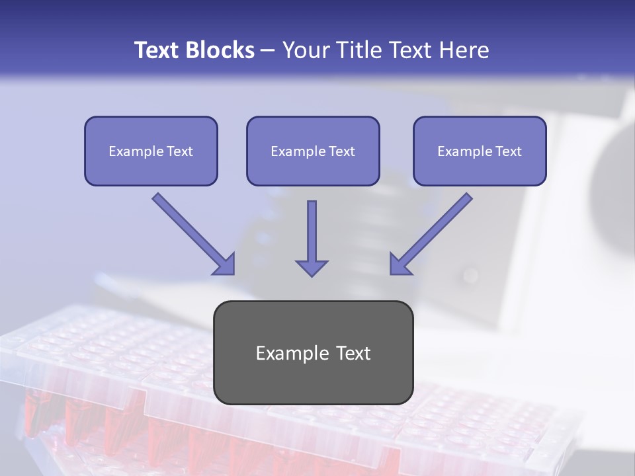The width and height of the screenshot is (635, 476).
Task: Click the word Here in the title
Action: coord(464,50)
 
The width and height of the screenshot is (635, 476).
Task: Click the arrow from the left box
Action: coord(192,231)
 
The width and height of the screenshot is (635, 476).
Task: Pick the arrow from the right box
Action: coord(433,231)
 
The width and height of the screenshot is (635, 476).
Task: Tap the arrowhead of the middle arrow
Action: coord(312,267)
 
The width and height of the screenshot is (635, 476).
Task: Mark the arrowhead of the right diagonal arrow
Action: coord(400,264)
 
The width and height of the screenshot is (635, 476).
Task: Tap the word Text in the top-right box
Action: coord(508,151)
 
